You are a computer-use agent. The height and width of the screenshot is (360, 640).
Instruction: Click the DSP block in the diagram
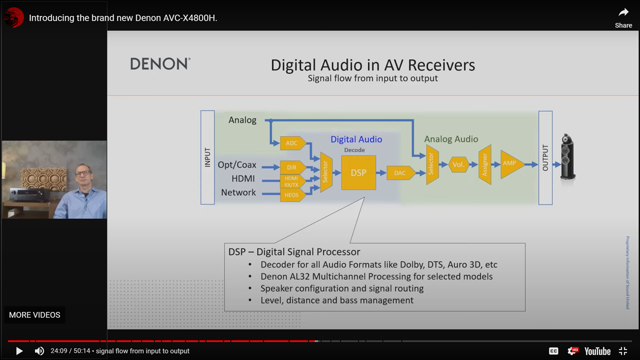(358, 173)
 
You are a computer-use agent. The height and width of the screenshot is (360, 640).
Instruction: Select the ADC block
(292, 143)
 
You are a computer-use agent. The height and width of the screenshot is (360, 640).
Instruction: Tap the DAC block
(400, 173)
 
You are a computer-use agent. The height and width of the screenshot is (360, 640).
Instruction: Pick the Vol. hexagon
(458, 165)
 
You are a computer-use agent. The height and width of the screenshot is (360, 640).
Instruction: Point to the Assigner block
(485, 165)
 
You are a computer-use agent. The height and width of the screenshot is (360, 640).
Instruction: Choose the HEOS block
(291, 195)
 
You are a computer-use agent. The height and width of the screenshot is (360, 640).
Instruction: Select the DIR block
(292, 167)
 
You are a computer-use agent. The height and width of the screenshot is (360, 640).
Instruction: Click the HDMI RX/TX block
(291, 181)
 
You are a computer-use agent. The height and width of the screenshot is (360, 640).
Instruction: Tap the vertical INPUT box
(208, 157)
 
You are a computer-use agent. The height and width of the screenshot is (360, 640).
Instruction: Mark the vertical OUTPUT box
(545, 158)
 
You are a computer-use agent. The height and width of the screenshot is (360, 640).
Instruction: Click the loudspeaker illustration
(567, 157)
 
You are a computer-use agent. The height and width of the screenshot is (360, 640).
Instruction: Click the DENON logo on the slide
(160, 64)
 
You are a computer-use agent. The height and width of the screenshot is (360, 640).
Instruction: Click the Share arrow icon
(624, 13)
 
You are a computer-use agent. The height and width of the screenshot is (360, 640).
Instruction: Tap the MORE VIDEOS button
(35, 315)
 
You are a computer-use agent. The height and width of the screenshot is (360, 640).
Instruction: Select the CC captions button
(553, 351)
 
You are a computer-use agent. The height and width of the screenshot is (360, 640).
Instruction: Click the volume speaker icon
(39, 351)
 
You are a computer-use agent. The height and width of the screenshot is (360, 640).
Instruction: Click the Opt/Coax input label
(237, 165)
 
